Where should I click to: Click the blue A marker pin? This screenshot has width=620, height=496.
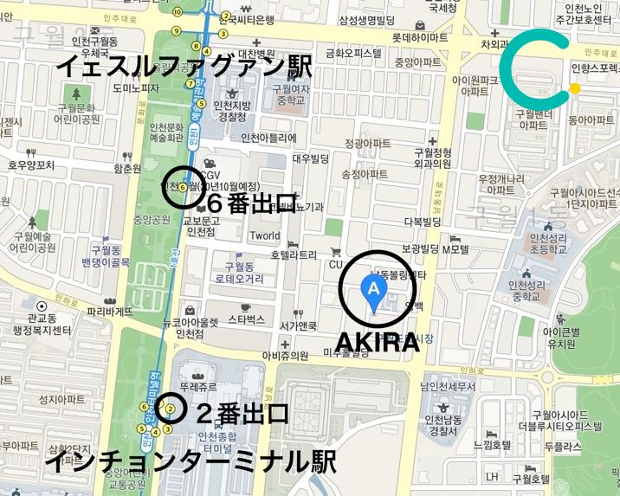coord(373,291)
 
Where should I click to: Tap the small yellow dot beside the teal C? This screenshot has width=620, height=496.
coord(574,87)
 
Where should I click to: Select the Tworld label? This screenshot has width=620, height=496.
coord(264,235)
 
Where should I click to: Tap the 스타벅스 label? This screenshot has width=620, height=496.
coord(246,319)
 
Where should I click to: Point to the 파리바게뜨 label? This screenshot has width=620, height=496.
coord(110,311)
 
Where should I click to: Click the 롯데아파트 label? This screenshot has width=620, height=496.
coord(420,38)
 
